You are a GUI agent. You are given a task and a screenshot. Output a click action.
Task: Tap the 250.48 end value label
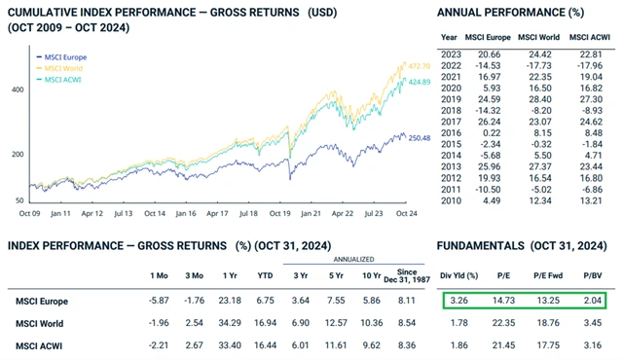[x=416, y=138]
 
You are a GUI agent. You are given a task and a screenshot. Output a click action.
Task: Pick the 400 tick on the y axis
[x=19, y=89]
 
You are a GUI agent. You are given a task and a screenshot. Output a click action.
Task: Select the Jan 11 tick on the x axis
[x=63, y=210]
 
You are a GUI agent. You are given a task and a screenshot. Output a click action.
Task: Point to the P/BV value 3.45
[x=594, y=322]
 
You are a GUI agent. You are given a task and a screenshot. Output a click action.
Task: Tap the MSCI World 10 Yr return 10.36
[x=363, y=322]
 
